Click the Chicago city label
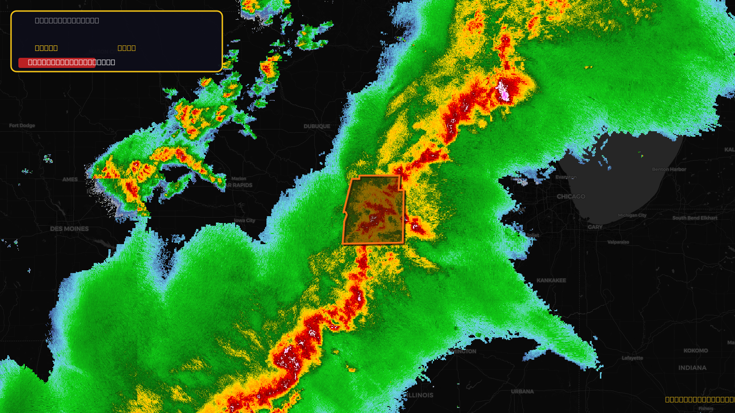click(571, 196)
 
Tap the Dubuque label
click(317, 126)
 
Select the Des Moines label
click(69, 229)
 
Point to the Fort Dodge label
click(22, 125)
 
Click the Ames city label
click(70, 179)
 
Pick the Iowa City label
click(244, 221)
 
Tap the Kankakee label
click(551, 280)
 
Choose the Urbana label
click(522, 391)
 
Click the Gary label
click(595, 227)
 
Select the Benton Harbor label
click(669, 169)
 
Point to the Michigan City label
click(632, 215)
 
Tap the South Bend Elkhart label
click(695, 218)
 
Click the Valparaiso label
click(618, 242)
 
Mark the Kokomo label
click(695, 351)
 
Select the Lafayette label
click(632, 358)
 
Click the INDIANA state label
click(692, 368)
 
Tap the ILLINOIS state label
click(420, 395)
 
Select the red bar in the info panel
click(57, 62)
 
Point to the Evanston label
click(565, 177)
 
